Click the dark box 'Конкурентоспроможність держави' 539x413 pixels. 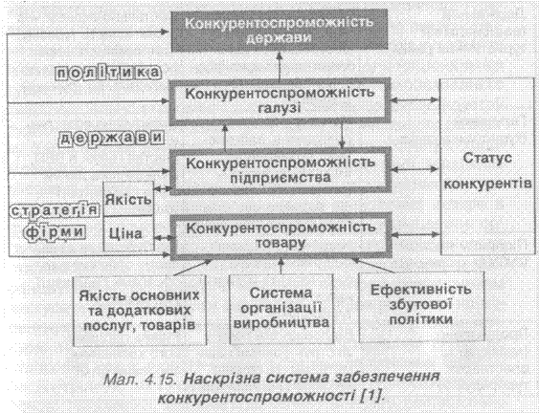point(280,31)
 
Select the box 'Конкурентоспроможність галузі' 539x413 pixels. point(281,101)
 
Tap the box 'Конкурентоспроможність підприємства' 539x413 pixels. point(281,170)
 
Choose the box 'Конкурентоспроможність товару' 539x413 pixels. point(281,236)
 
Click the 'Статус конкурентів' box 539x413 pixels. point(487,166)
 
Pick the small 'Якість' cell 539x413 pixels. point(128,199)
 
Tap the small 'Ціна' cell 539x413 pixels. point(128,234)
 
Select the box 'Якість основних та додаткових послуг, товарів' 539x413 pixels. point(140,311)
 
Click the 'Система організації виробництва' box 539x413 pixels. point(281,309)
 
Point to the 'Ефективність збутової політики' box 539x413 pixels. point(421,307)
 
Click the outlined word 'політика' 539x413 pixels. point(108,73)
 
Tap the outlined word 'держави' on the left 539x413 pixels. point(112,139)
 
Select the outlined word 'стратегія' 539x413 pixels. point(54,210)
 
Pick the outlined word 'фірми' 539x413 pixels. point(55,232)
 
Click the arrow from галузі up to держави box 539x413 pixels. point(280,65)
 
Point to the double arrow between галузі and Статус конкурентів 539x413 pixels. point(415,100)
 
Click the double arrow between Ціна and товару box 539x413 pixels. point(163,237)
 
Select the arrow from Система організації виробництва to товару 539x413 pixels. point(281,267)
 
